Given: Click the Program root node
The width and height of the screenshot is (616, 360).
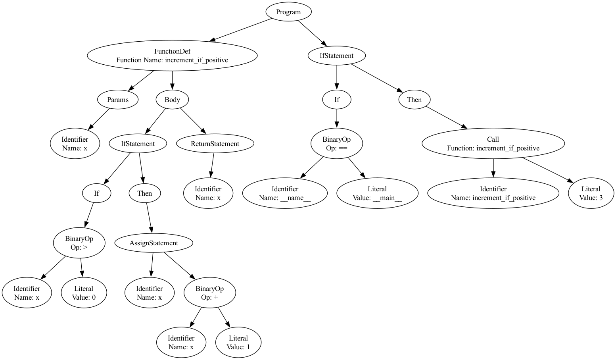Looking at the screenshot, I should pyautogui.click(x=288, y=12).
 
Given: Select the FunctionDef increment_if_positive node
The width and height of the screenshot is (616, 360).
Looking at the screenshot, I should pyautogui.click(x=172, y=56).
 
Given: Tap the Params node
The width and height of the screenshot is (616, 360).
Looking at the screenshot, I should pyautogui.click(x=118, y=100).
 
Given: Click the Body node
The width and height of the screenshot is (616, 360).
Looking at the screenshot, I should pyautogui.click(x=172, y=100).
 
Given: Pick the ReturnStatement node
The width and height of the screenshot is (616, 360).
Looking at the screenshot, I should pyautogui.click(x=215, y=144).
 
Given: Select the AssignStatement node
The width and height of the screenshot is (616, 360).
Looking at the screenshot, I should pyautogui.click(x=154, y=243).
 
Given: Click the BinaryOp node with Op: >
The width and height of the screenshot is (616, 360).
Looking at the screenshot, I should pyautogui.click(x=79, y=243).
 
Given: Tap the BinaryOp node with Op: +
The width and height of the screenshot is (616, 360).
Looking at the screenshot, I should pyautogui.click(x=209, y=293).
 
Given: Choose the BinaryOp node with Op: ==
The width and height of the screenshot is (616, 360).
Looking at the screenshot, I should pyautogui.click(x=336, y=144).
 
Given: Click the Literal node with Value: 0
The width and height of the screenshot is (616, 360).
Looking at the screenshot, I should pyautogui.click(x=84, y=293).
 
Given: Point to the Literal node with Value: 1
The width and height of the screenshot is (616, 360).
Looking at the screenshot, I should pyautogui.click(x=238, y=343).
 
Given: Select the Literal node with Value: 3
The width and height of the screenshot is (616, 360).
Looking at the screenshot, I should pyautogui.click(x=591, y=193).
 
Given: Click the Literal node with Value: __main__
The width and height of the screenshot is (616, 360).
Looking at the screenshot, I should pyautogui.click(x=377, y=193).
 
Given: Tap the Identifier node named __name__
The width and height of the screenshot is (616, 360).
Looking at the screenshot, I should pyautogui.click(x=285, y=193).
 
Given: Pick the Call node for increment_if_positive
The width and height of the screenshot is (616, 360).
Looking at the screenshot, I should pyautogui.click(x=493, y=144).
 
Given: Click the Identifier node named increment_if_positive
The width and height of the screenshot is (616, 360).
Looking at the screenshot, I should pyautogui.click(x=493, y=193).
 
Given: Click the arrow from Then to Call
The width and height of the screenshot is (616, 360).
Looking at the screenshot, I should pyautogui.click(x=446, y=118).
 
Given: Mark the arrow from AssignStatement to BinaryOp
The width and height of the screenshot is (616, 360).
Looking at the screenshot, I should pyautogui.click(x=180, y=266).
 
